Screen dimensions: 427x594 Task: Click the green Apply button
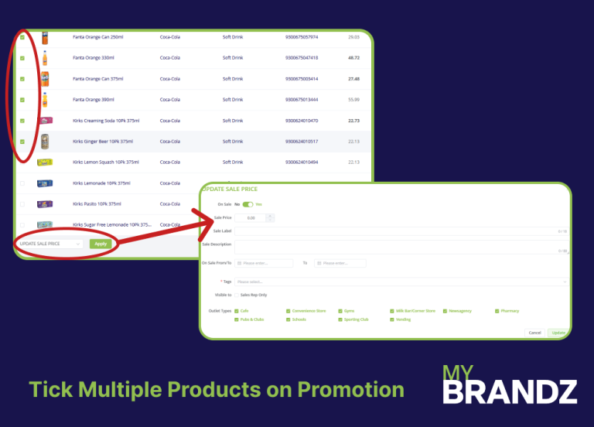tap(100, 244)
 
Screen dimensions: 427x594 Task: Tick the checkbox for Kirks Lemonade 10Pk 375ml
tap(22, 183)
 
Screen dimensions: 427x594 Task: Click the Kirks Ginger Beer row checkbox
tap(22, 142)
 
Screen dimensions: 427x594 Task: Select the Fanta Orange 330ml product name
tap(93, 57)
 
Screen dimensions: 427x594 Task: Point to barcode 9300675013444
tap(302, 99)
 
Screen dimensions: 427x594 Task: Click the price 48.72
tap(353, 57)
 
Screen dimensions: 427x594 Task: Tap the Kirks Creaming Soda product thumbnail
tap(45, 121)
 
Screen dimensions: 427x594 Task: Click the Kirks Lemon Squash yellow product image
tap(45, 162)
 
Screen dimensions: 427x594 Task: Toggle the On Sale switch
tap(247, 204)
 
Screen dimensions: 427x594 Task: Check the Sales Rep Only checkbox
tap(237, 295)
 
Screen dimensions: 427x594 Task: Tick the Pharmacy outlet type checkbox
tap(497, 311)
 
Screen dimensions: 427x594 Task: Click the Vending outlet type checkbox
tap(392, 319)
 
